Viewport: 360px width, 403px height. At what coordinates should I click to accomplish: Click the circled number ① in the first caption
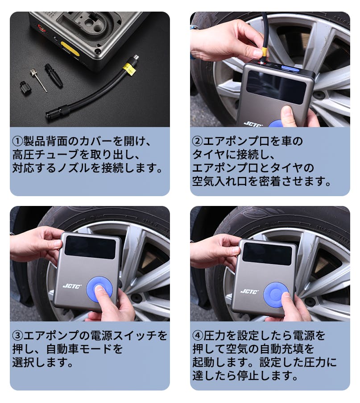click(18, 141)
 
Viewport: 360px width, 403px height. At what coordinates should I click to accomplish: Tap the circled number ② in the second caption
click(198, 141)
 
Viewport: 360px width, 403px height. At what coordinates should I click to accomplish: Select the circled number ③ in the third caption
click(18, 335)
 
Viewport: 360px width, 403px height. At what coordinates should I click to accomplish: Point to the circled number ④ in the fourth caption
click(198, 335)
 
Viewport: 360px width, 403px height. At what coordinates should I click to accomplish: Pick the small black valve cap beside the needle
click(25, 88)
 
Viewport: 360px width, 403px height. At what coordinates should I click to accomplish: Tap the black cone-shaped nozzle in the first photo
click(54, 76)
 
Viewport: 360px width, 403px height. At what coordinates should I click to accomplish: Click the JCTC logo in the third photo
click(72, 286)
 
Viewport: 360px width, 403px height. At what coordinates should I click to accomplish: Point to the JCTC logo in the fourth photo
click(250, 291)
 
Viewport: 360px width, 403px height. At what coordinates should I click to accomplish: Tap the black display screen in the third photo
click(90, 247)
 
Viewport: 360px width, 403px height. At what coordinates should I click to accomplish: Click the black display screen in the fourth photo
click(267, 254)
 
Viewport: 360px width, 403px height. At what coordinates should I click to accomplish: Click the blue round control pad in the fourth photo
click(277, 295)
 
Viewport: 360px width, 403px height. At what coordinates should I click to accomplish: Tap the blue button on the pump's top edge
click(290, 68)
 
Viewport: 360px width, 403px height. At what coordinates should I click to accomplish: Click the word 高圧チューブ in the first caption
click(46, 154)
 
